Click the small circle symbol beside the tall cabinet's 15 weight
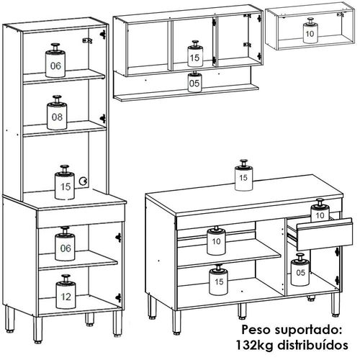click(85, 182)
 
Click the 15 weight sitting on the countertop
click(245, 176)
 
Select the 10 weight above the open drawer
click(320, 212)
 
